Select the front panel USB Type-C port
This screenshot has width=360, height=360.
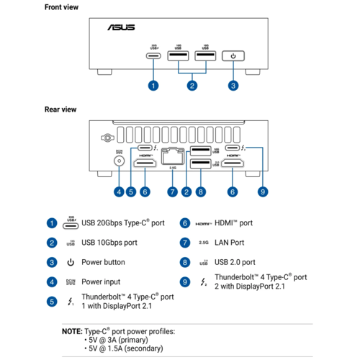153,56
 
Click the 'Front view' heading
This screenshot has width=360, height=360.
62,7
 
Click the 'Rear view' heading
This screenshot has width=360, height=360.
60,109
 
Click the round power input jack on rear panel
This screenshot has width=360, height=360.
118,163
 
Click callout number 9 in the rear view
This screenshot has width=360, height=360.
263,192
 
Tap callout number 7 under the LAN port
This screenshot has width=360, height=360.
172,192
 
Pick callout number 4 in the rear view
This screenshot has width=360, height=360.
118,192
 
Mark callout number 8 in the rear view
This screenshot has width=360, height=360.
201,192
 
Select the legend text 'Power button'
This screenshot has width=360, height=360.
103,262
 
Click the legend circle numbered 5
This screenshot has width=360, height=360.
52,301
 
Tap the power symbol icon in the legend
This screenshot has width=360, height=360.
71,262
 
